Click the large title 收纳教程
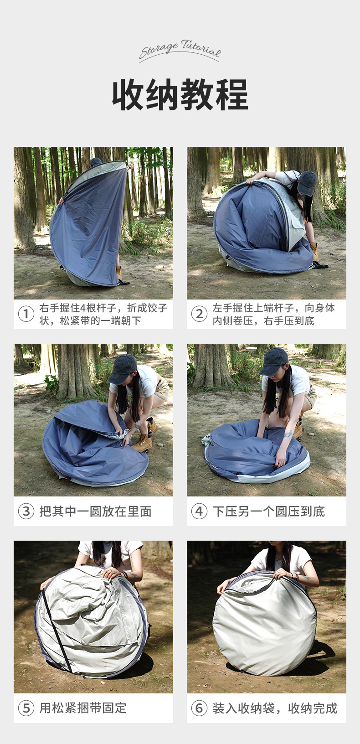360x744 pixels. click(180, 95)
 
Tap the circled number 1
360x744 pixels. click(26, 314)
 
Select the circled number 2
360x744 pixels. click(199, 314)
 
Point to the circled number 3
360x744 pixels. click(26, 511)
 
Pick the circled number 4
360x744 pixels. click(199, 511)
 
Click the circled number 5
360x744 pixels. click(26, 708)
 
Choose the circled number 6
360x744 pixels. click(199, 708)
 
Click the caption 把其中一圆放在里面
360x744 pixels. click(95, 511)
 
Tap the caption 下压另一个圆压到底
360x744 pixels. click(268, 511)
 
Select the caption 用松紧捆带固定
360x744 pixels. click(83, 708)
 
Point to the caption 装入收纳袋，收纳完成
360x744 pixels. click(275, 708)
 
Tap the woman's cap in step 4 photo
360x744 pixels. click(274, 361)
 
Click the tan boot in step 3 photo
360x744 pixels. click(143, 442)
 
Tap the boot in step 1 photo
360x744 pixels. click(119, 273)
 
